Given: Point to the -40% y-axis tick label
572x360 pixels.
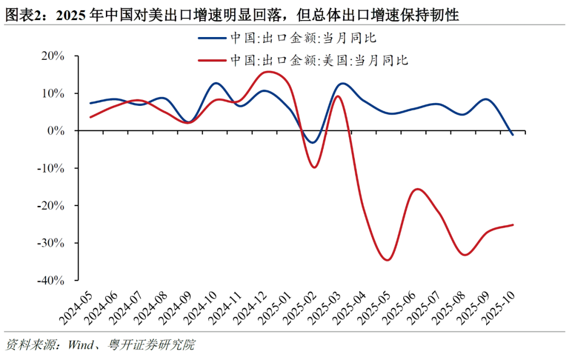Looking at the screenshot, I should click(51, 281).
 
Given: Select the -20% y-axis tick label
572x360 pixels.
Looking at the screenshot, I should click(51, 205).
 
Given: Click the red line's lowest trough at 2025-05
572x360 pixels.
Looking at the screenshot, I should click(387, 260).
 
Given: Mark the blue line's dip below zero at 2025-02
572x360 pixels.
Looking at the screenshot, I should click(312, 142).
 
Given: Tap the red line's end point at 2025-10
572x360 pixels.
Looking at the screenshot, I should click(512, 225).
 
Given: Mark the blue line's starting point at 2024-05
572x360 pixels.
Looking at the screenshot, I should click(91, 103).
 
